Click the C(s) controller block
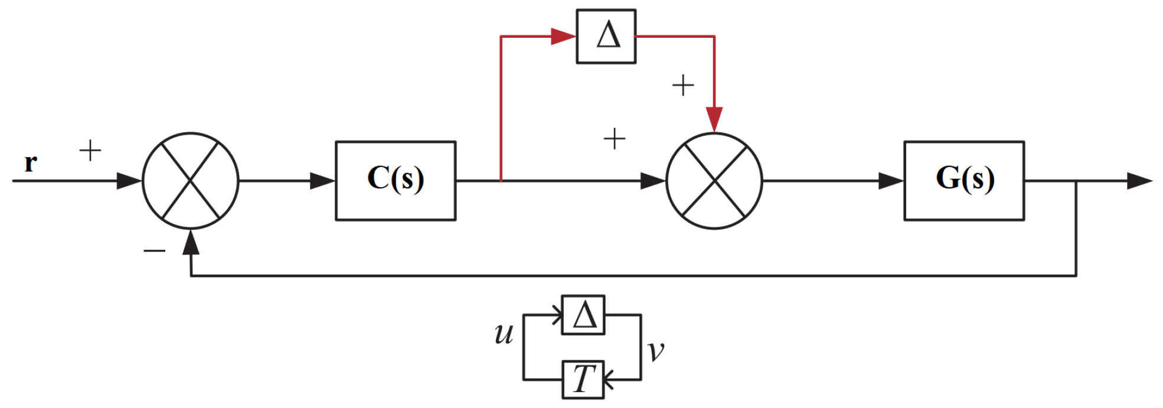click(395, 181)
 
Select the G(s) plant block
click(963, 181)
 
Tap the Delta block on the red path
click(606, 36)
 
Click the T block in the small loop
click(583, 379)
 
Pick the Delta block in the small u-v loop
click(583, 315)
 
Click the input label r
click(30, 162)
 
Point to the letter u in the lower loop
click(504, 334)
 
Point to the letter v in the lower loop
click(655, 350)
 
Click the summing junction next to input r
click(190, 181)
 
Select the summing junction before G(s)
click(714, 181)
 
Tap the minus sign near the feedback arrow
click(154, 251)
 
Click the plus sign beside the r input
click(90, 151)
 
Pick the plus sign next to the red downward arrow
click(683, 86)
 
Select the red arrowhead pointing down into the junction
click(714, 119)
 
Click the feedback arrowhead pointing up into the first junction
click(190, 242)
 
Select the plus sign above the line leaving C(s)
click(614, 139)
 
